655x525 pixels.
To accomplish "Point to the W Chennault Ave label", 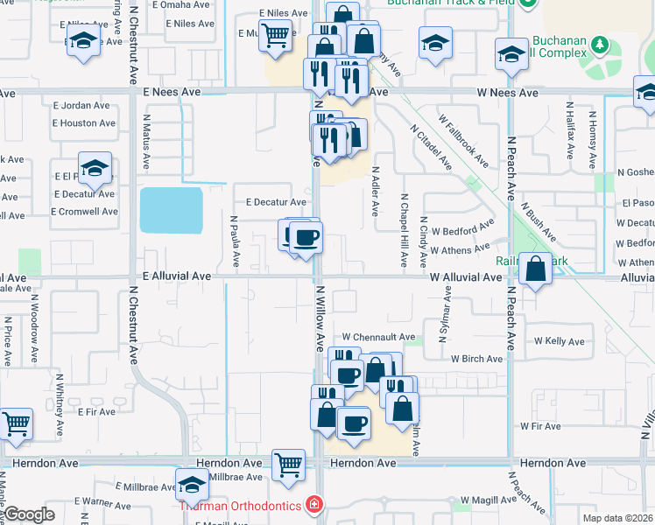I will point(378,337).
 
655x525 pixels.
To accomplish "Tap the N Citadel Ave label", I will point(430,146).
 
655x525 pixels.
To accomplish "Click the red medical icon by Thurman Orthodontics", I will point(313,506).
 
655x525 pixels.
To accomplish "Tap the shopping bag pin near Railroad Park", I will point(535,269).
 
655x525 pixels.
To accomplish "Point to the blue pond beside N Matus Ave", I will point(171,210).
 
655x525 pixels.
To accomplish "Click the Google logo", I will point(29,514).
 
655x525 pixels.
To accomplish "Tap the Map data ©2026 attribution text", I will point(617,518).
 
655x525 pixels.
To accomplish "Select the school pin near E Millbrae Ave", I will point(192,485).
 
